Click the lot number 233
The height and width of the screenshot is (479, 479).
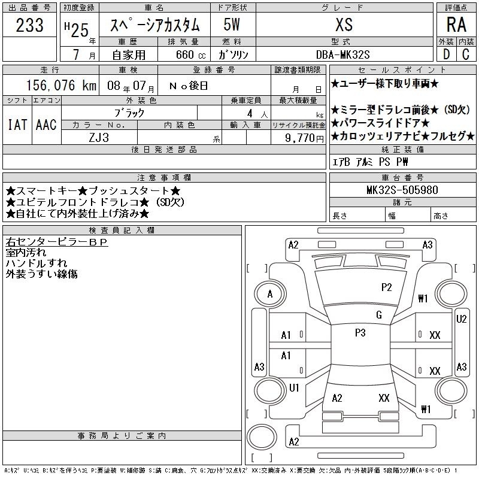[29, 25]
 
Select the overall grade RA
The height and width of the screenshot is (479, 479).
[456, 25]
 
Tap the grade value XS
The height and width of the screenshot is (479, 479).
[344, 25]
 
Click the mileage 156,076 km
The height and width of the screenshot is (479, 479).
[61, 85]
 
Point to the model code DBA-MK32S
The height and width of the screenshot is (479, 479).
[343, 54]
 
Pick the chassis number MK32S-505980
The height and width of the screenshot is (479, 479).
[402, 190]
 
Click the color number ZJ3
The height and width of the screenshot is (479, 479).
[99, 138]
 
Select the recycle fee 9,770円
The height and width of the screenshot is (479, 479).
[304, 138]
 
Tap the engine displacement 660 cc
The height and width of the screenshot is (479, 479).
[190, 54]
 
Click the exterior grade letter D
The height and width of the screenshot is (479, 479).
[446, 54]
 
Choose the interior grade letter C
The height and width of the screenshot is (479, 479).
[466, 54]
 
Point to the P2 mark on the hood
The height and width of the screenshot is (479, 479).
[386, 287]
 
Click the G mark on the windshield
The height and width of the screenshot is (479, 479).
[379, 315]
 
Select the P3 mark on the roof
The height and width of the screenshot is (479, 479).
[360, 332]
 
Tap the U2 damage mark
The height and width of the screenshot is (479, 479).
[461, 319]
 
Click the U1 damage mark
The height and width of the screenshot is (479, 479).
[294, 387]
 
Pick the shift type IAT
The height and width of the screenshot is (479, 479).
[17, 125]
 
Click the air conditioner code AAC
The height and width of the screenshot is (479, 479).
[46, 125]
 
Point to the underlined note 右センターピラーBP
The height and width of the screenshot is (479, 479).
[57, 242]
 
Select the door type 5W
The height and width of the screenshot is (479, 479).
[232, 25]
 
